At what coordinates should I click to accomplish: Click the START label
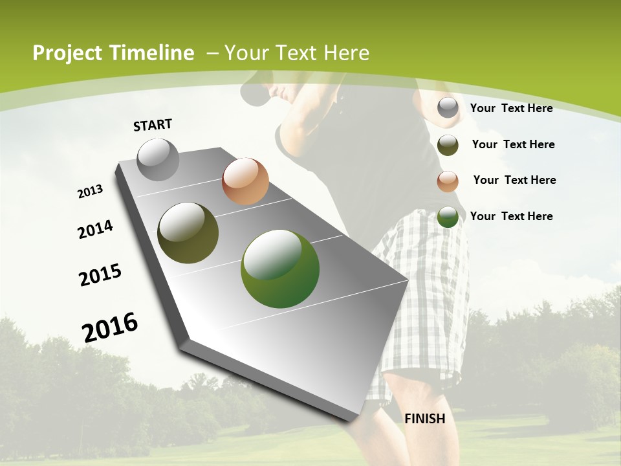[153, 125]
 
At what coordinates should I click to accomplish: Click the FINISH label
[424, 419]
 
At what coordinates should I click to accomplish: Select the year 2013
[90, 192]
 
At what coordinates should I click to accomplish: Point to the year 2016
[110, 327]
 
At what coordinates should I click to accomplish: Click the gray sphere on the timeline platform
[158, 159]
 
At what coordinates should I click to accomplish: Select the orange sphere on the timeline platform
[245, 181]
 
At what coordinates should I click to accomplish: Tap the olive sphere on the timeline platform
[188, 233]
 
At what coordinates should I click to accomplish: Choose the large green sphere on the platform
[280, 269]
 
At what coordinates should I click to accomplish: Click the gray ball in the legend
[448, 108]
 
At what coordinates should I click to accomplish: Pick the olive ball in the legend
[448, 145]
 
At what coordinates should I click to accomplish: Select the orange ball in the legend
[448, 181]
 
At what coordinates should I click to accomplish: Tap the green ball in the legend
[448, 217]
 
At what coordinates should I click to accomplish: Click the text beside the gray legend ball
[511, 108]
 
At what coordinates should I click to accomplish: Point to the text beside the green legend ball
[511, 216]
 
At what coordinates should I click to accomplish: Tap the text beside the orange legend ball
[514, 180]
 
